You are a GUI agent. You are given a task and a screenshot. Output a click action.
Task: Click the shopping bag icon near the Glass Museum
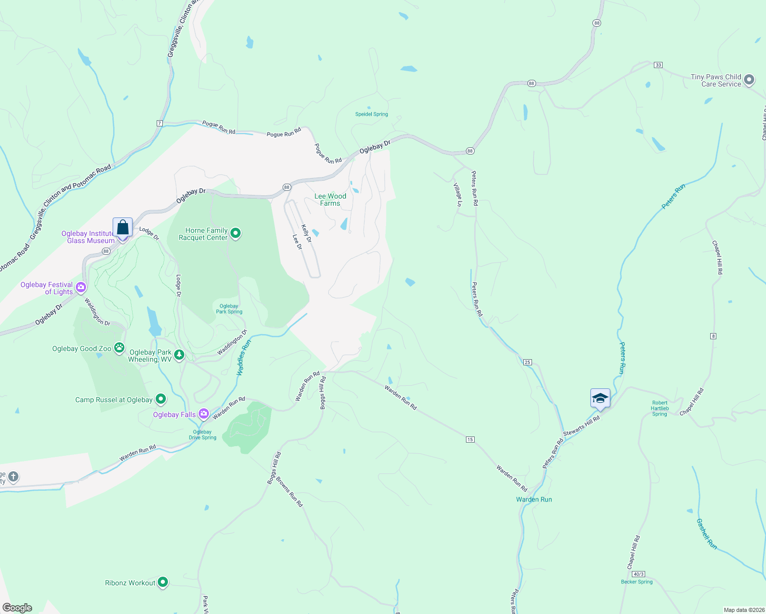coord(123,227)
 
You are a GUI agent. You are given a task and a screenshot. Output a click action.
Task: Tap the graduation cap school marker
coord(600,398)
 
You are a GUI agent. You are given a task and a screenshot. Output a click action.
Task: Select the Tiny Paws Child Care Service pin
coord(749,80)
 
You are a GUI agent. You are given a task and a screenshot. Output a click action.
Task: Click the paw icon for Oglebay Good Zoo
coord(119,348)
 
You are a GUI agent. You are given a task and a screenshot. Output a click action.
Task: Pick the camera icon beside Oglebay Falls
coord(204,414)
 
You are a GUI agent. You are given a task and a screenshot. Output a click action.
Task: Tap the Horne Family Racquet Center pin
coord(236,234)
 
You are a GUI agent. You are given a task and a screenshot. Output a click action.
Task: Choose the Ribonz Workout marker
coord(163,582)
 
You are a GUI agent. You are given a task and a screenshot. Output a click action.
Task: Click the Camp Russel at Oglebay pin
coord(161,399)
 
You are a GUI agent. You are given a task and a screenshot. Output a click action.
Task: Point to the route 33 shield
coord(658,65)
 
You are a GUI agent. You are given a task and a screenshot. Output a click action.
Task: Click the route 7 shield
coord(160,123)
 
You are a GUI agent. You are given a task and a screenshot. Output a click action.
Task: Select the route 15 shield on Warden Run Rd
coord(470,440)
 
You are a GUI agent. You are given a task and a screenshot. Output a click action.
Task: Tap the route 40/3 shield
coord(638,574)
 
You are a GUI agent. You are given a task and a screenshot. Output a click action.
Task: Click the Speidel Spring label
coord(371,114)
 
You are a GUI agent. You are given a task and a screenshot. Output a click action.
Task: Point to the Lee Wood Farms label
coord(330,200)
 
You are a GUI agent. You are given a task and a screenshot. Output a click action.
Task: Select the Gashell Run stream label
coord(706,534)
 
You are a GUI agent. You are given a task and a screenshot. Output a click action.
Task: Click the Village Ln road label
coord(458,194)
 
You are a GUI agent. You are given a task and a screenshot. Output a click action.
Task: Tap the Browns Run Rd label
coord(289,492)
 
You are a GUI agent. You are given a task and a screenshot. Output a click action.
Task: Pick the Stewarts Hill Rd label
coord(581,426)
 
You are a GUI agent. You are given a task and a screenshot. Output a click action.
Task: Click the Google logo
coord(17,607)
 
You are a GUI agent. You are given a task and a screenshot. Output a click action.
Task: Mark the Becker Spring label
coord(636,582)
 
